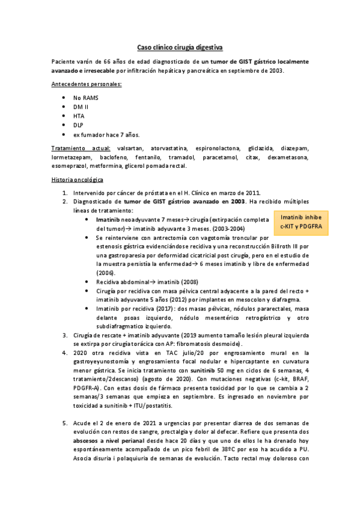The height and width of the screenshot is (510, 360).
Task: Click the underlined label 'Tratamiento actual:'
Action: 81,148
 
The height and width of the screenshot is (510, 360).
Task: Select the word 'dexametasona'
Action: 288,157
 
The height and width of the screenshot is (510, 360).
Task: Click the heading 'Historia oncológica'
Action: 78,180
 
